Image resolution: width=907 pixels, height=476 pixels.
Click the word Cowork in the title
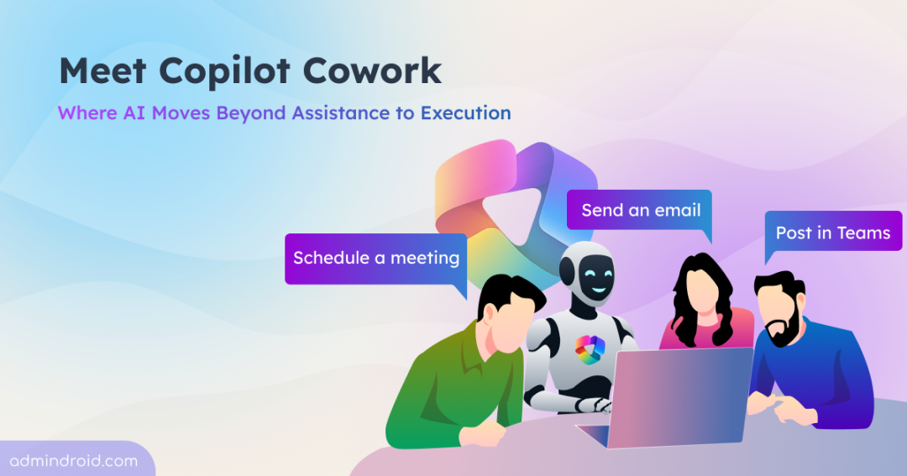pos(372,71)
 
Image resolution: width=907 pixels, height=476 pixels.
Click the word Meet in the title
pos(102,71)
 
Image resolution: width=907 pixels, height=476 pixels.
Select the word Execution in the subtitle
pos(465,112)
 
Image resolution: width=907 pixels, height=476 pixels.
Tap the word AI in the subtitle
pos(134,112)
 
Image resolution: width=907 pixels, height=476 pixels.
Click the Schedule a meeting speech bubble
pos(376,259)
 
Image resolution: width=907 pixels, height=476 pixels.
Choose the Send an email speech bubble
pos(639,210)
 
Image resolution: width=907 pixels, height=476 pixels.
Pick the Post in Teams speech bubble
pos(833,232)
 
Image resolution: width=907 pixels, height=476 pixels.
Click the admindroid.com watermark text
pos(73,461)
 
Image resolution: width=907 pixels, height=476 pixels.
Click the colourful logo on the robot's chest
pos(590,350)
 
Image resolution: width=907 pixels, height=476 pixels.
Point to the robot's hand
pos(595,405)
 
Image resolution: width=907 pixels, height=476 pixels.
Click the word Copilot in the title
pos(224,72)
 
